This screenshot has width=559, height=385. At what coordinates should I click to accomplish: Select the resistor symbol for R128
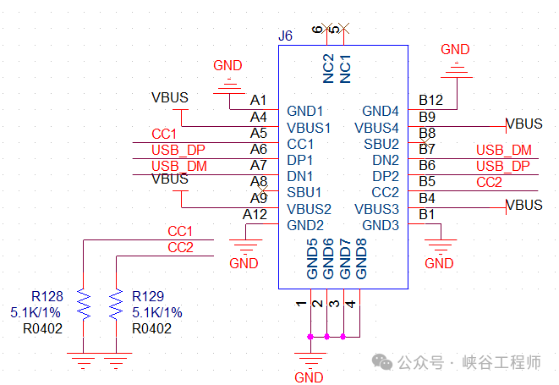tap(83, 303)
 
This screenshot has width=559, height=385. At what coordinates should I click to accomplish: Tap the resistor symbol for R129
tap(115, 303)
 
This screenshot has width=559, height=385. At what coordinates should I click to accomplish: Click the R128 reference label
tap(47, 297)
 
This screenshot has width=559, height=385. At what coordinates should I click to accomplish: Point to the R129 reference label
tap(148, 297)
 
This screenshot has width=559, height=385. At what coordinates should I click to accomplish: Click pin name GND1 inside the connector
tap(305, 111)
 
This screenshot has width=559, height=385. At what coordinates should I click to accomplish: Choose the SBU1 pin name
tap(304, 192)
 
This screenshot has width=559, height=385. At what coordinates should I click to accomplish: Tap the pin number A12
tap(255, 213)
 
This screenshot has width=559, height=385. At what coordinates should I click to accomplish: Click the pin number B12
tap(431, 100)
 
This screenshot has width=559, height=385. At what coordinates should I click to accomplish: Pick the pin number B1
tap(427, 213)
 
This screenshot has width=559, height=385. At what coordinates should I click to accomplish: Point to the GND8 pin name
tap(361, 259)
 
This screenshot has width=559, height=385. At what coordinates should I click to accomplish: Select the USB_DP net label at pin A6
tap(178, 150)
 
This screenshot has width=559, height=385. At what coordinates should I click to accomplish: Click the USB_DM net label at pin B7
tap(503, 150)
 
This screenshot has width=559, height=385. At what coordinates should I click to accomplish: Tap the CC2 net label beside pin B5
tap(489, 182)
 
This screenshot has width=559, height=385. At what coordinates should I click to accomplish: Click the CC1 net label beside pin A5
tap(164, 134)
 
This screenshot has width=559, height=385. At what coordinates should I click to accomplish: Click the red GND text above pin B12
tap(456, 49)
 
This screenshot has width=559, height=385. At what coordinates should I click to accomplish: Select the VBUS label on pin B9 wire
tap(524, 124)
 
